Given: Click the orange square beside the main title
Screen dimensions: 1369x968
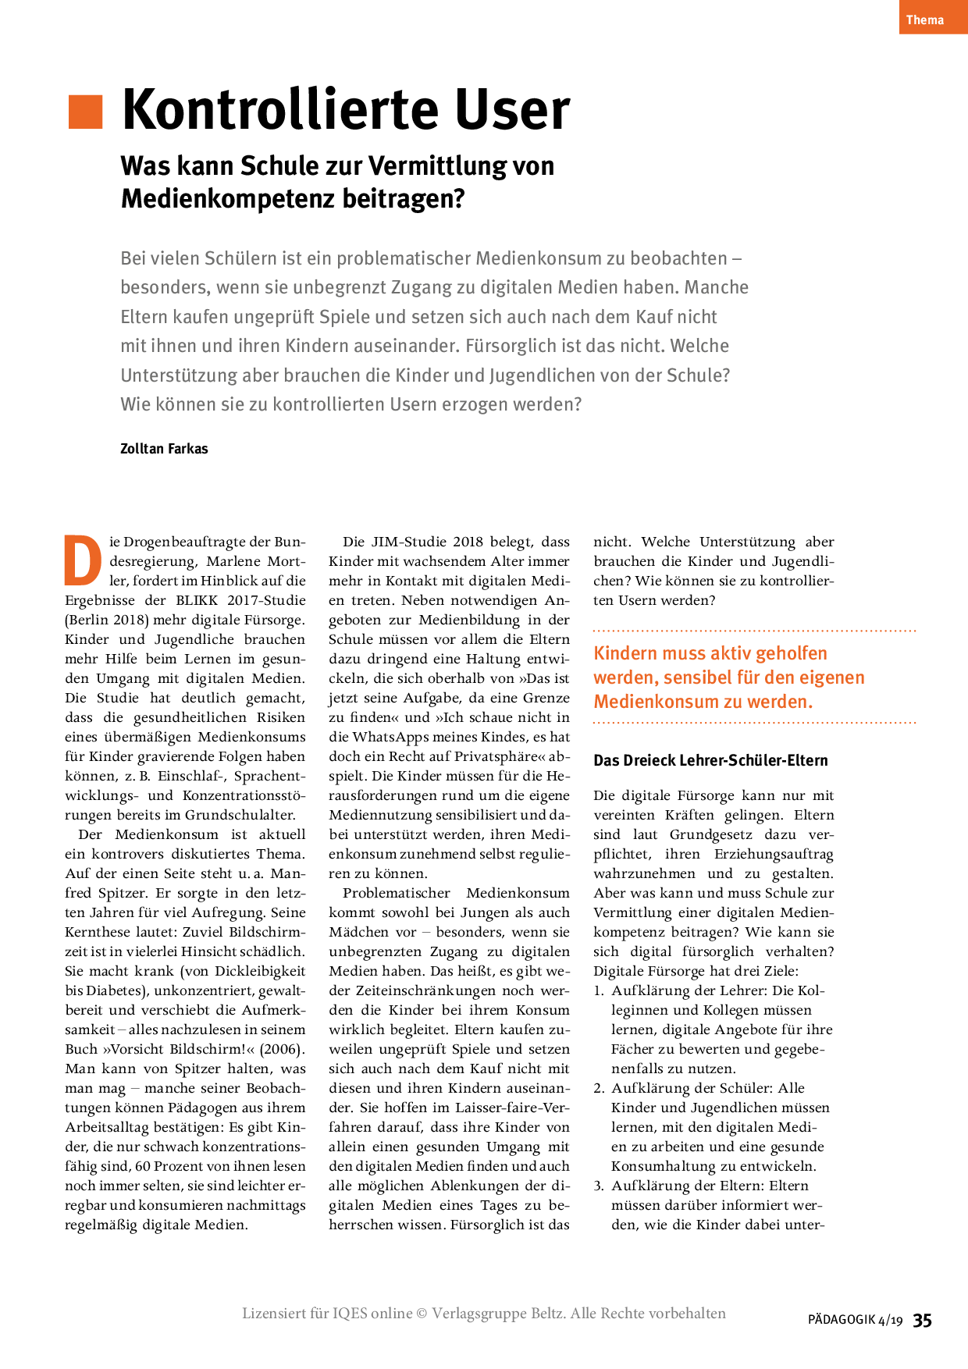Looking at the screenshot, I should (x=86, y=112).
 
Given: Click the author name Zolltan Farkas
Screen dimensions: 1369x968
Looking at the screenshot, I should (x=164, y=449).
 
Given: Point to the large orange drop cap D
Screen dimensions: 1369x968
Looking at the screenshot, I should (x=83, y=560).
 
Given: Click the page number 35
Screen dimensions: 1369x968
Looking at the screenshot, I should (x=923, y=1320).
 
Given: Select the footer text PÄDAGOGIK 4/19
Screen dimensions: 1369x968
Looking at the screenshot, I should (x=855, y=1321).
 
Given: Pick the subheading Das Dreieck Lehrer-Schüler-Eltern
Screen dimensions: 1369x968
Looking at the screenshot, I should (x=710, y=760).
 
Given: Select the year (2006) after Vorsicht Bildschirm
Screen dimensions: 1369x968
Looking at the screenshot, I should (x=282, y=1049).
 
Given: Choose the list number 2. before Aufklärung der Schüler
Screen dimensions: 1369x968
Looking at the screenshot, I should (x=599, y=1088).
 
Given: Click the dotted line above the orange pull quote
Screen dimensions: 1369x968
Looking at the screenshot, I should (x=754, y=630).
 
